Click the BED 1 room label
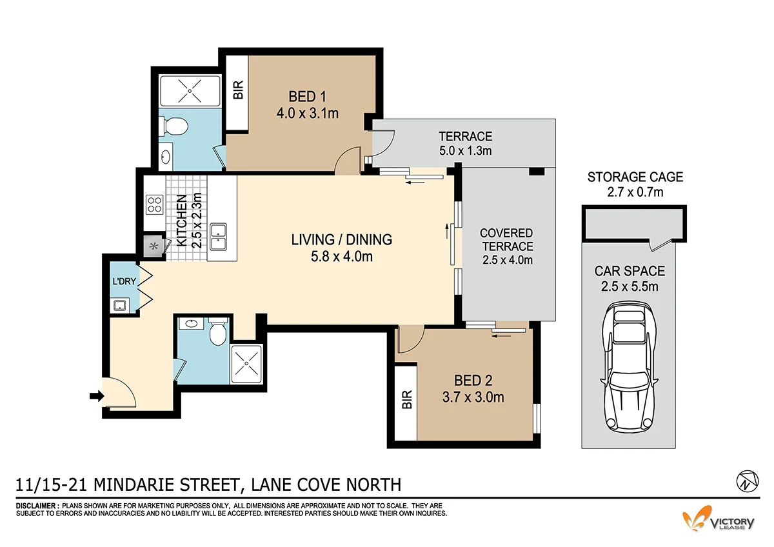pyautogui.click(x=306, y=97)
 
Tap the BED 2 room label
pyautogui.click(x=473, y=379)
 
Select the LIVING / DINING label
pyautogui.click(x=341, y=239)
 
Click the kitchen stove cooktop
pyautogui.click(x=155, y=204)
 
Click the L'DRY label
pyautogui.click(x=123, y=283)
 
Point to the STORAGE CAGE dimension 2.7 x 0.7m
pyautogui.click(x=635, y=192)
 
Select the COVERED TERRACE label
pyautogui.click(x=507, y=239)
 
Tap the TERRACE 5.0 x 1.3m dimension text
pyautogui.click(x=465, y=151)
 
